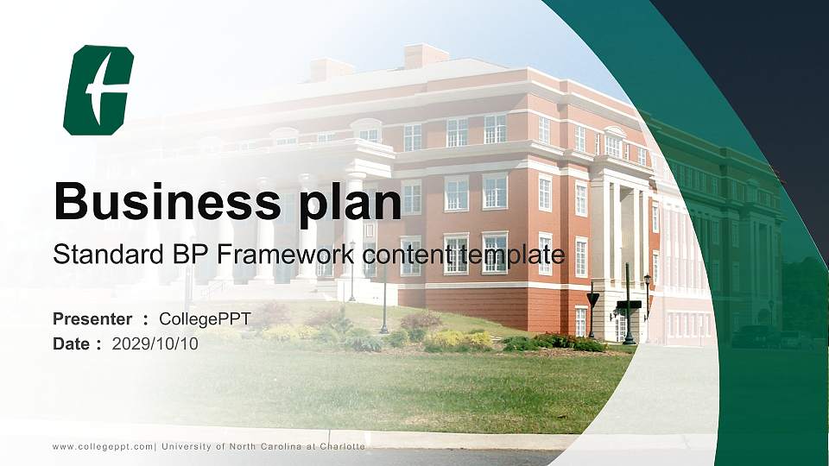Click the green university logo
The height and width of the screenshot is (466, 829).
pos(98,91)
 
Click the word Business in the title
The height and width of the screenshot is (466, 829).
pos(167,201)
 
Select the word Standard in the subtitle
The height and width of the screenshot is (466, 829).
pos(109,255)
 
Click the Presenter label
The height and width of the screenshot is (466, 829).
pos(92,319)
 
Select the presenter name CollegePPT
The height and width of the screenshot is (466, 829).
pos(206,319)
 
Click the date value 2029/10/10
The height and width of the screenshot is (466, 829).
pos(155,344)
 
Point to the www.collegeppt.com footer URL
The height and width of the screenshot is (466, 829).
pos(103,447)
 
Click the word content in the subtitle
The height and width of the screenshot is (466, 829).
pos(407,255)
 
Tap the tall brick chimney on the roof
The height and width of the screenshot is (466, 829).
pos(426,55)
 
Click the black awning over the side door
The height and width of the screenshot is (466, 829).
pos(630,305)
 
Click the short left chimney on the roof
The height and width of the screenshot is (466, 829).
pos(331,69)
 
